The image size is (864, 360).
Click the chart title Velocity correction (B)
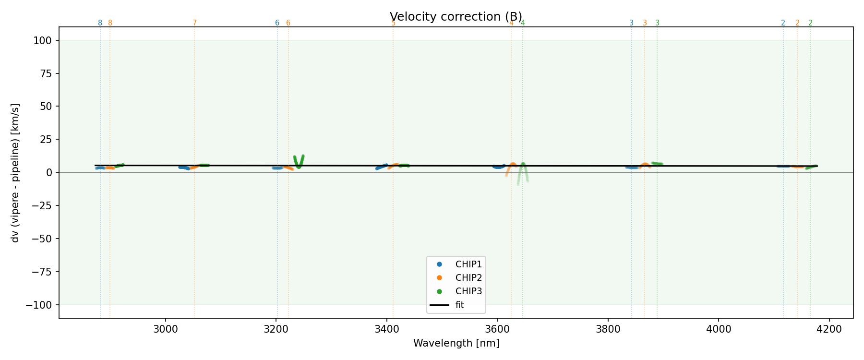(456, 17)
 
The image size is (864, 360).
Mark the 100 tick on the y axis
(45, 41)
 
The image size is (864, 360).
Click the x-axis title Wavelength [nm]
(456, 343)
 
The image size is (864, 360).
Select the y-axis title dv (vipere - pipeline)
(15, 172)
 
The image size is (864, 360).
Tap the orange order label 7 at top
(194, 23)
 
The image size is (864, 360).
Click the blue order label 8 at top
(100, 23)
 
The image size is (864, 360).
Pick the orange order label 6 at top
(288, 23)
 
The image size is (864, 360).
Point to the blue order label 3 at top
(631, 23)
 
